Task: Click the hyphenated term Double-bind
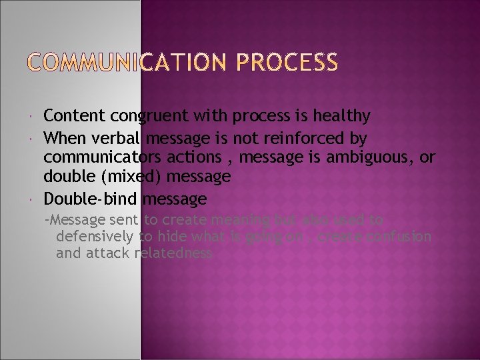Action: point(89,199)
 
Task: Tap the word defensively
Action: point(96,236)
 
